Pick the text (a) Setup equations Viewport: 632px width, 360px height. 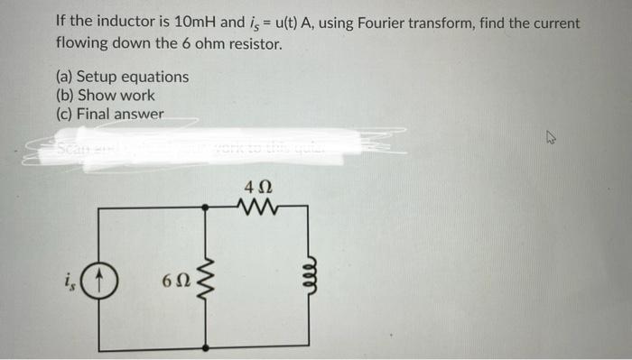tap(122, 77)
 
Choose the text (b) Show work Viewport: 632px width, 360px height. tap(105, 96)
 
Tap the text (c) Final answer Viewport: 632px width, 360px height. tap(109, 115)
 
